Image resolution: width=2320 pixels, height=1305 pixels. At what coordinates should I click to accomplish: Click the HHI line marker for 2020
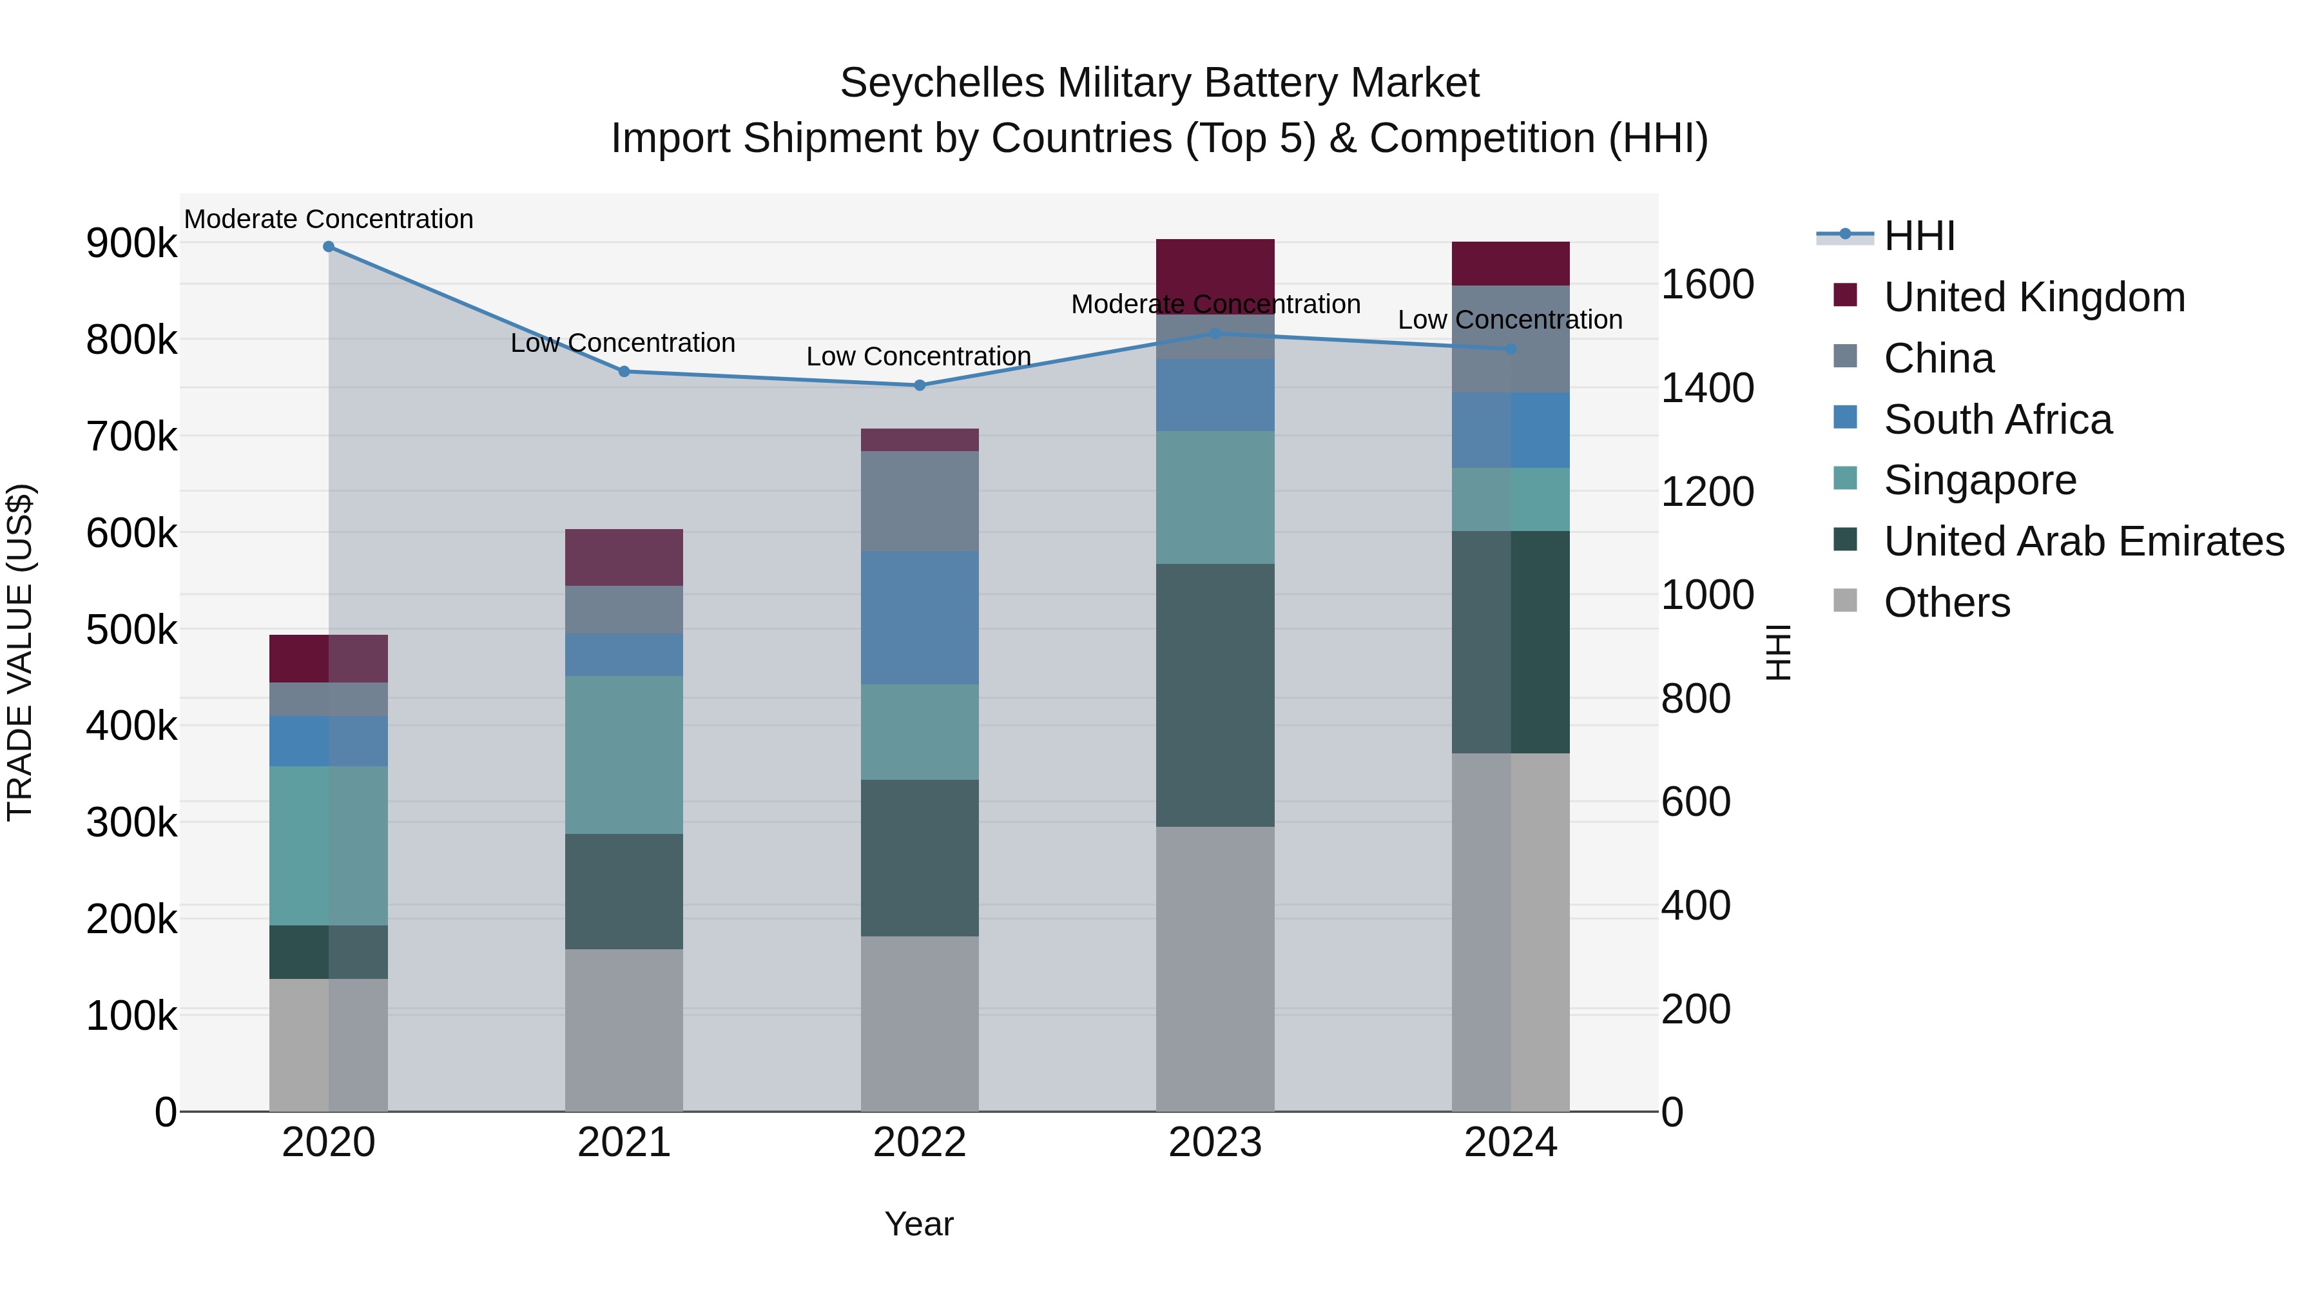329,247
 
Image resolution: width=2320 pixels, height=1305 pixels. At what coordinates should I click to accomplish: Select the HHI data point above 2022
920,385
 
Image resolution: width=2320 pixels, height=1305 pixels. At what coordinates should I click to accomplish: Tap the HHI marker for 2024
1511,349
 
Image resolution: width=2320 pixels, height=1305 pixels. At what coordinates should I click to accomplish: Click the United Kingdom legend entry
2034,297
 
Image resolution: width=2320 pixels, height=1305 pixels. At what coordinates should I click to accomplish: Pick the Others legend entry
1946,603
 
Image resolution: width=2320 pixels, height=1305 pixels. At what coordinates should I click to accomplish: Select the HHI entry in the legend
1919,236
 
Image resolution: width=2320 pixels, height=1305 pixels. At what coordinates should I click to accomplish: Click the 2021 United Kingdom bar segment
624,557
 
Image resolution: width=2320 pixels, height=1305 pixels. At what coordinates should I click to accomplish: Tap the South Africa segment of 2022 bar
920,618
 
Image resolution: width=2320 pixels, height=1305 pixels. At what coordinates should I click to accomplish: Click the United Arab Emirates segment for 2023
1215,695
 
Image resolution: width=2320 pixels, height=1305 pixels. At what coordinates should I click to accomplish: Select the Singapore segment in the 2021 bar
624,755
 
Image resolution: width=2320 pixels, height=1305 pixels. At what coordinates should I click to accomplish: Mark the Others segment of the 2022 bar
920,1023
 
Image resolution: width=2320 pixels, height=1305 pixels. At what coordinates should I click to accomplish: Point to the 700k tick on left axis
131,438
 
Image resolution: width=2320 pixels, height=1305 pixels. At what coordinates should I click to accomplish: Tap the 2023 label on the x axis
1215,1143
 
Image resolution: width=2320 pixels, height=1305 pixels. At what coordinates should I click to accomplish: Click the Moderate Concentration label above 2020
329,219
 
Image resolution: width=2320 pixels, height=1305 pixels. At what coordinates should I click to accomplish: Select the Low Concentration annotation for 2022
918,356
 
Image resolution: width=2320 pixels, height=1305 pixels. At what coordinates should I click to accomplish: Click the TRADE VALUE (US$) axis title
20,652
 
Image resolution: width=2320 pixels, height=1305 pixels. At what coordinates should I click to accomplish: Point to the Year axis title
918,1224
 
